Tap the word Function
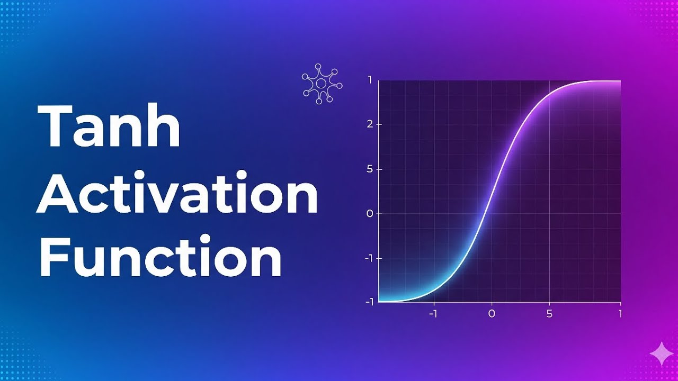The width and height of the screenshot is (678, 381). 160,258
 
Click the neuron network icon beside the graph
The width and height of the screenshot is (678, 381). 322,84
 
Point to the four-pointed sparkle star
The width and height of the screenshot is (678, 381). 662,354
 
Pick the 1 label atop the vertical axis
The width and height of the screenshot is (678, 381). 369,80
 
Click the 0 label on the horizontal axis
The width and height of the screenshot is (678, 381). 491,314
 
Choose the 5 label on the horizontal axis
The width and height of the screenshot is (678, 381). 549,314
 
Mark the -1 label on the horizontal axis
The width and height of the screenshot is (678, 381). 434,314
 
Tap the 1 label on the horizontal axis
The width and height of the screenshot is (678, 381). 620,314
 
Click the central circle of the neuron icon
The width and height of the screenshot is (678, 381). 321,84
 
